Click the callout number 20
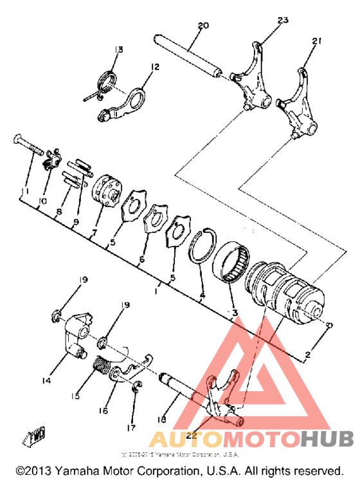pyautogui.click(x=203, y=26)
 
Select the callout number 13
pyautogui.click(x=118, y=50)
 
